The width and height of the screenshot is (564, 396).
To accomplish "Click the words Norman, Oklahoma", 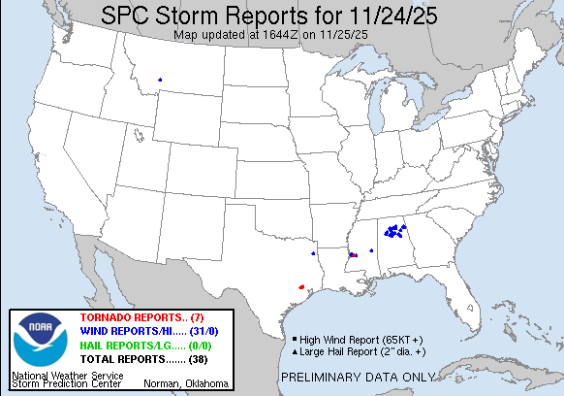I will pos(185,384).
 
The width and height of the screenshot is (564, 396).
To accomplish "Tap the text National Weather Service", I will pos(67,375).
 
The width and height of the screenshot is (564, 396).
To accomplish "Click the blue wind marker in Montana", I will pos(160,80).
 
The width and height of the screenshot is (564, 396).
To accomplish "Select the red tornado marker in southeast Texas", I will pos(302,287).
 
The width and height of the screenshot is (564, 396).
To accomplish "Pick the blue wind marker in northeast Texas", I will pos(313,253).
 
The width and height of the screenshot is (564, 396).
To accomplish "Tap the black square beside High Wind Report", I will pos(294,339).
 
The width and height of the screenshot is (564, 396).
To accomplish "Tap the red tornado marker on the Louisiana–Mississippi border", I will pos(354,255).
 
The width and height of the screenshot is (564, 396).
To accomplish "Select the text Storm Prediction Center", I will pos(67,384).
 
